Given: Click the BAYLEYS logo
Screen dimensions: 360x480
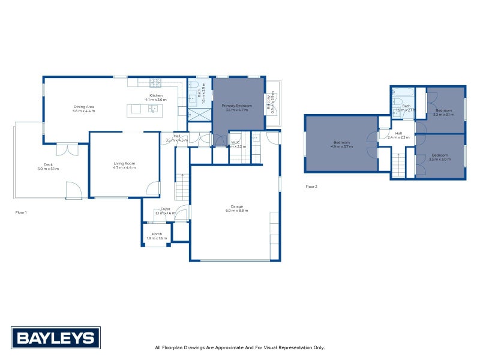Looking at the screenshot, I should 55,337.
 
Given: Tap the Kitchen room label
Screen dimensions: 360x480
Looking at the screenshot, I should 156,95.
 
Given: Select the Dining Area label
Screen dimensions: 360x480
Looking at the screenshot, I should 83,107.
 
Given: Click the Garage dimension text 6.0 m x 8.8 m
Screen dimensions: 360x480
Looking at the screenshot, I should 234,211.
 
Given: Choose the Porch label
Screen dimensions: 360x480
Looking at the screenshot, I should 157,234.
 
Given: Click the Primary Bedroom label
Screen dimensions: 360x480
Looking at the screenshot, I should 238,106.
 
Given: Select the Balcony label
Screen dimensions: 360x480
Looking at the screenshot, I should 268,103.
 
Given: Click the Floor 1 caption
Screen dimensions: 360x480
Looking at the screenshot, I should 21,212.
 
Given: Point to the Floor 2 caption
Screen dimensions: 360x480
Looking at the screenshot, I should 311,187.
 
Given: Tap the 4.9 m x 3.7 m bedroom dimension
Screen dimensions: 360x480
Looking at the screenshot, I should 341,146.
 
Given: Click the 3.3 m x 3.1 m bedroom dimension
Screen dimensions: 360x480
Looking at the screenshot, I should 443,115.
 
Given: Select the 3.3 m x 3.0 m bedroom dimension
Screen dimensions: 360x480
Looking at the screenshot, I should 440,159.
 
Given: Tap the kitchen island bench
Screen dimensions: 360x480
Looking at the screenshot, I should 143,109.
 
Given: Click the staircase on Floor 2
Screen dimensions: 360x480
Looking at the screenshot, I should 398,165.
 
